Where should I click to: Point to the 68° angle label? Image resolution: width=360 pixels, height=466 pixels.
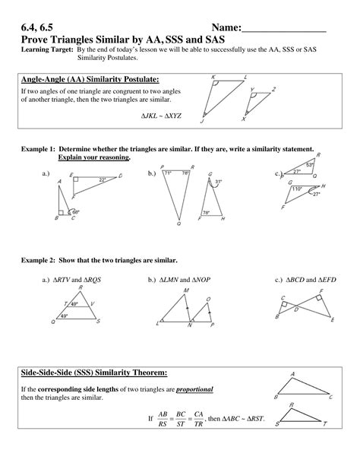tap(76, 211)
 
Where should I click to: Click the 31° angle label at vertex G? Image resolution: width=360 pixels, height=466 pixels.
tap(218, 182)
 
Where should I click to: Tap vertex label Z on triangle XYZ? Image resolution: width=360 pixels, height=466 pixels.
tap(272, 89)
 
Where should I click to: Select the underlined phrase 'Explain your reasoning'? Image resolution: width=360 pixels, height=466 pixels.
tap(93, 157)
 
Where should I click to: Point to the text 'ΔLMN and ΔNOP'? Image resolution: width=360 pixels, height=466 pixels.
tap(187, 280)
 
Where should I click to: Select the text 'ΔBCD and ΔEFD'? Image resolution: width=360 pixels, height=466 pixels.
tap(305, 280)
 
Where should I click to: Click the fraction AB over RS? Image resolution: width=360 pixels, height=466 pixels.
tap(161, 418)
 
